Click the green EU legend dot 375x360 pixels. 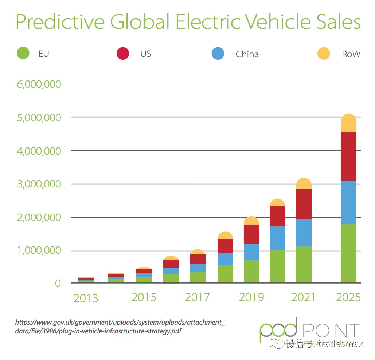23,54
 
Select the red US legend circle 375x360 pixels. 123,54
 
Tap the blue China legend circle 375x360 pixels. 218,54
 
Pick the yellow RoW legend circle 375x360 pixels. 324,54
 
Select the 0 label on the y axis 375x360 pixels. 58,284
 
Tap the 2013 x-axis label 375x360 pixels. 86,298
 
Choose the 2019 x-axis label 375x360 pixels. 251,297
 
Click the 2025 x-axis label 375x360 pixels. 348,297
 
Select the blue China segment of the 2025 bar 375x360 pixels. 348,202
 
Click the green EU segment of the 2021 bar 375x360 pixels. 304,265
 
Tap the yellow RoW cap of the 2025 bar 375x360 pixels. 348,123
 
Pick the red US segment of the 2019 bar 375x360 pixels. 251,234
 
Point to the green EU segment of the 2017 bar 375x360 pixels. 198,277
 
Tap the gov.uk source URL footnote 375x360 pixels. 120,327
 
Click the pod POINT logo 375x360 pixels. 310,330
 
